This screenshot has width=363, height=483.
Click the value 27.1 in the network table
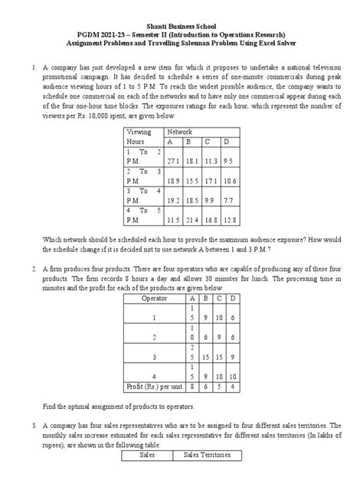pyautogui.click(x=172, y=161)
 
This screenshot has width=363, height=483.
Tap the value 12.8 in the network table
pyautogui.click(x=230, y=219)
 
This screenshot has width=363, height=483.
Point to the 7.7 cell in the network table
pyautogui.click(x=230, y=199)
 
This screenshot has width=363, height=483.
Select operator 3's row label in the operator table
pyautogui.click(x=155, y=356)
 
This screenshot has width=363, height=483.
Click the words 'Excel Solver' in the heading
pyautogui.click(x=295, y=45)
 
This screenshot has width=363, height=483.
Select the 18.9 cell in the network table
pyautogui.click(x=172, y=180)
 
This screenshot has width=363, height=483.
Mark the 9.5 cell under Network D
pyautogui.click(x=230, y=161)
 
